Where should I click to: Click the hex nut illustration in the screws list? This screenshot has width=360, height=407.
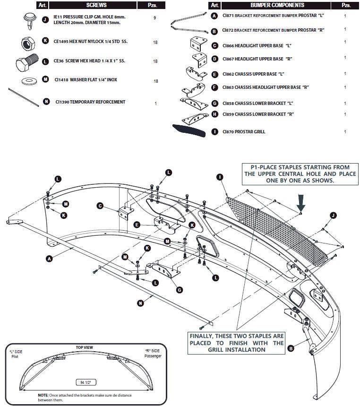pyautogui.click(x=28, y=43)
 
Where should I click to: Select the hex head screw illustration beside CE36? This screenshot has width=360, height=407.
pyautogui.click(x=27, y=62)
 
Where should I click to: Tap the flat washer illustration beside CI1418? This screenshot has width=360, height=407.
pyautogui.click(x=29, y=81)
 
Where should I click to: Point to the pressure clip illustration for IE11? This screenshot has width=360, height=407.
pyautogui.click(x=30, y=20)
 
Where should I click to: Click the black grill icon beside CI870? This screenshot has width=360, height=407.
pyautogui.click(x=189, y=130)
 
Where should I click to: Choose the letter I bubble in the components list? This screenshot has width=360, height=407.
pyautogui.click(x=214, y=131)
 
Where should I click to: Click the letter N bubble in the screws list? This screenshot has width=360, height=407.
pyautogui.click(x=46, y=102)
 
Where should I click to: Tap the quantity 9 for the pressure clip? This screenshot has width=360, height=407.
pyautogui.click(x=155, y=18)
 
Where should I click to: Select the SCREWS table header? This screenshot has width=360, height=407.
pyautogui.click(x=96, y=5)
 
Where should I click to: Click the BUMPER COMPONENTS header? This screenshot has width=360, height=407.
pyautogui.click(x=277, y=5)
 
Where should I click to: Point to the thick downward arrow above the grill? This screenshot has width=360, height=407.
pyautogui.click(x=301, y=203)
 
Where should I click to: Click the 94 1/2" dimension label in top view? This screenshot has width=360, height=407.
pyautogui.click(x=86, y=382)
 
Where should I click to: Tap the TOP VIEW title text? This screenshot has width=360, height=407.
pyautogui.click(x=84, y=347)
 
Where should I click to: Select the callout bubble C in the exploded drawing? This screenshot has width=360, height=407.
pyautogui.click(x=100, y=206)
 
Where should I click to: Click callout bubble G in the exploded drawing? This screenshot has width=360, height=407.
pyautogui.click(x=179, y=290)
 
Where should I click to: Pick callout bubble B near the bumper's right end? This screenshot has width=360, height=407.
pyautogui.click(x=291, y=348)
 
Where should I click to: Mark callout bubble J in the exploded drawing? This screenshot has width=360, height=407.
pyautogui.click(x=333, y=215)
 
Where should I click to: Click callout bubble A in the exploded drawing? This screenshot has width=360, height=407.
pyautogui.click(x=49, y=259)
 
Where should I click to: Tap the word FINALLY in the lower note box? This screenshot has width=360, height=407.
pyautogui.click(x=202, y=336)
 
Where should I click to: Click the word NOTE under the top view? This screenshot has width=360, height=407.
pyautogui.click(x=43, y=395)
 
